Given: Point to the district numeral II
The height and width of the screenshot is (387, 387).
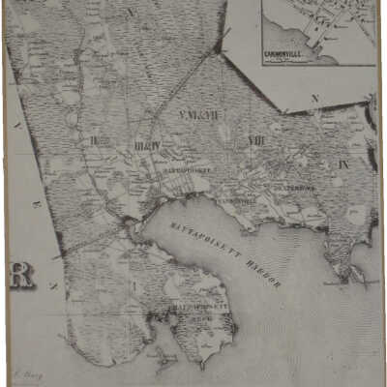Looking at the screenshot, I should coord(95,140).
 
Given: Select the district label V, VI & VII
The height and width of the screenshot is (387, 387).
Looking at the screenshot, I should coord(200,116).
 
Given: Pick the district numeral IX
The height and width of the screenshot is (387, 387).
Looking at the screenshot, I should coord(343,164).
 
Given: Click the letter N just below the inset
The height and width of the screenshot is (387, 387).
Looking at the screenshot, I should coord(315,99).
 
